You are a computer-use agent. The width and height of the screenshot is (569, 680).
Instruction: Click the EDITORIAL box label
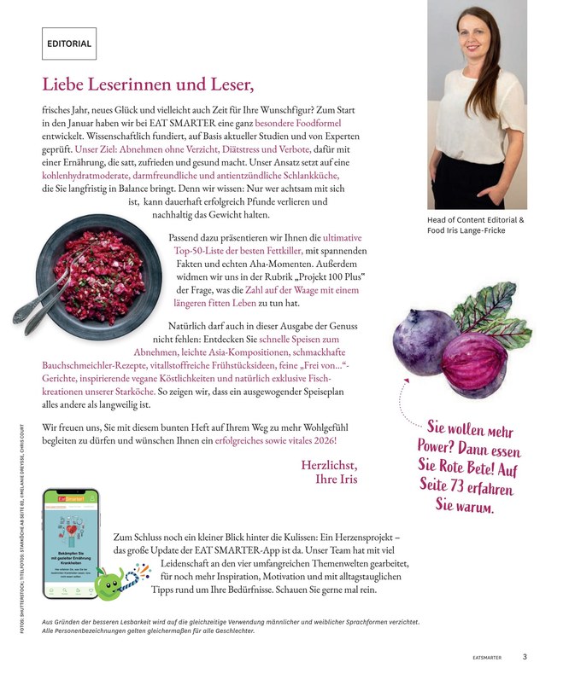[69, 43]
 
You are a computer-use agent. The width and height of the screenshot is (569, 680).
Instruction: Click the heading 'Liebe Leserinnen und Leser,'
[149, 85]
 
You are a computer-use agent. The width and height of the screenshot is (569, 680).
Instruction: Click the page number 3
[525, 657]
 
